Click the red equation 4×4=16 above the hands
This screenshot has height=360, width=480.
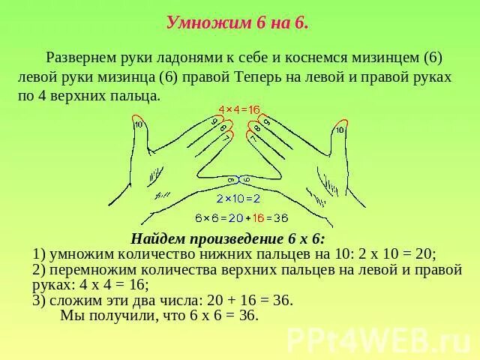[x=238, y=110]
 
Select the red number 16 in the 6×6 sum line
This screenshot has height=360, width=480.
[x=259, y=218]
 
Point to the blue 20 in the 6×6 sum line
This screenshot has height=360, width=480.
[x=234, y=218]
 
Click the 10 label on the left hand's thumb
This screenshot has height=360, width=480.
[x=139, y=124]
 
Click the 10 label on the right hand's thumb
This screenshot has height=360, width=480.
[x=340, y=130]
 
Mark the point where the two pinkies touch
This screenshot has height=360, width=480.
[x=239, y=180]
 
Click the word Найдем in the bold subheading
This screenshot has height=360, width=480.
[x=157, y=240]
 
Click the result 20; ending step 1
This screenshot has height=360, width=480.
[x=423, y=253]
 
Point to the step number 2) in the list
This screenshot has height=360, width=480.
[x=40, y=269]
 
